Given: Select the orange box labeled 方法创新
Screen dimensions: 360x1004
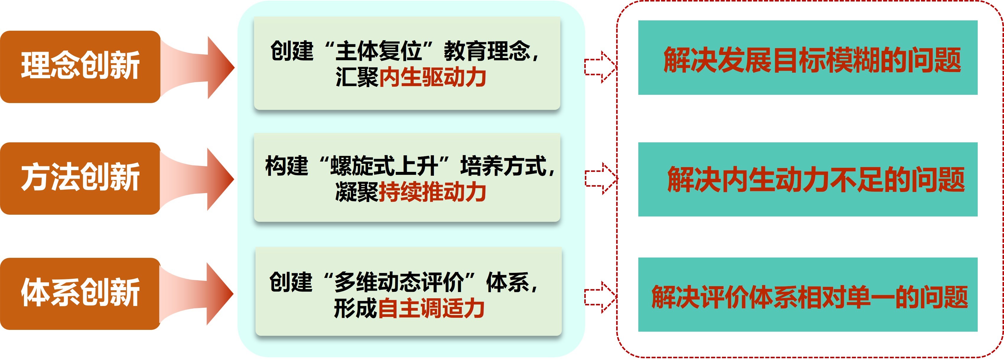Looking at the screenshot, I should (80, 178).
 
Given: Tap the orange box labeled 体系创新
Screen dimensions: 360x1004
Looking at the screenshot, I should (80, 293).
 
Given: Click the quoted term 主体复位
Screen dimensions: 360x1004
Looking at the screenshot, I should (378, 51).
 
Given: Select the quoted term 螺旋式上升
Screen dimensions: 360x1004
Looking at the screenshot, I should (384, 166).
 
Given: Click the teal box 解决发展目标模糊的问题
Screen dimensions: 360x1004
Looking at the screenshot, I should (808, 58).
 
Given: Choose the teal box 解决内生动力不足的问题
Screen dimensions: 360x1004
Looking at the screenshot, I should (808, 179).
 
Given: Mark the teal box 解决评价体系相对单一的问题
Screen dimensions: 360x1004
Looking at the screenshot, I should (808, 294).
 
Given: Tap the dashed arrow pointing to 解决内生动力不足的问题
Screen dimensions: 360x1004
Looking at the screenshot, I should (601, 178).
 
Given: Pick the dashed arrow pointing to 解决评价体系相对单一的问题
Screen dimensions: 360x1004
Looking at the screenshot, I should (601, 297).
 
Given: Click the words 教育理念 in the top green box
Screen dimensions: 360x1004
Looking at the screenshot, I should (487, 51).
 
